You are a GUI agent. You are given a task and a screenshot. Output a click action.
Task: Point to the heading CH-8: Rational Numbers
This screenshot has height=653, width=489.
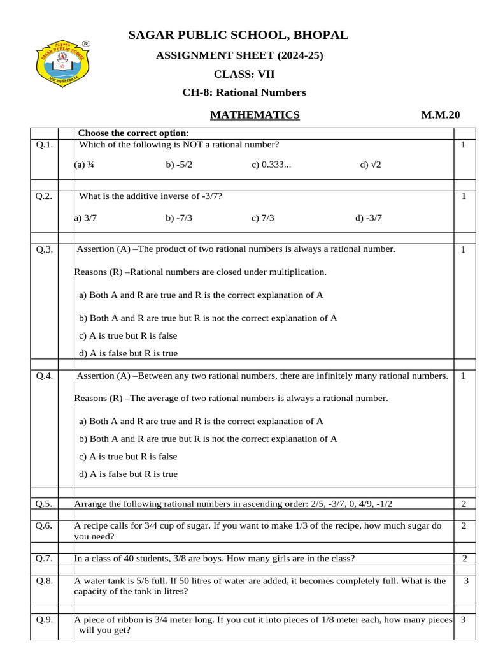point(244,92)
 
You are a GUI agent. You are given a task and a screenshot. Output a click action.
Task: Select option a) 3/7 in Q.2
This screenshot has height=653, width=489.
point(85,218)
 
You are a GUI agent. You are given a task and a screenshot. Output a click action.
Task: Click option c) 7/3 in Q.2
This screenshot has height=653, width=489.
point(263,218)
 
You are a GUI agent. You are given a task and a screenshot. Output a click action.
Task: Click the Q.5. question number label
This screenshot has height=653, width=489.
point(44,504)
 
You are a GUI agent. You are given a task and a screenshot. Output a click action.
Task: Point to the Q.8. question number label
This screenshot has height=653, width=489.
point(44,581)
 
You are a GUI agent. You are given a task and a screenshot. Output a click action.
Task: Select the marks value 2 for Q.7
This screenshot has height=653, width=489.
point(465,559)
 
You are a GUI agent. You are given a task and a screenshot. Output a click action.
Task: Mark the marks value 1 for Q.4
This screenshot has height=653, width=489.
point(464,376)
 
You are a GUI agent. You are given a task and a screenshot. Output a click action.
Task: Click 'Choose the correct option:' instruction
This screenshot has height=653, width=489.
point(133,133)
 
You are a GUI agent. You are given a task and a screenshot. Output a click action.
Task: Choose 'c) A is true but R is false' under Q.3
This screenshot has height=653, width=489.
point(128,335)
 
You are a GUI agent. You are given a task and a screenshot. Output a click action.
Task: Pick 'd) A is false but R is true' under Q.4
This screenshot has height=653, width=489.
point(128,474)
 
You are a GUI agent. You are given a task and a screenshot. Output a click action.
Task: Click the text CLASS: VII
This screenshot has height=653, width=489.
point(244,74)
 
